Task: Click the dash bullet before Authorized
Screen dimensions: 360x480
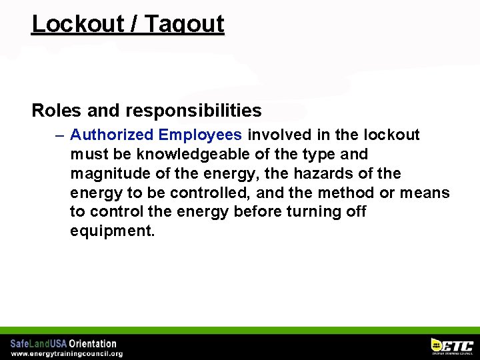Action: (60, 135)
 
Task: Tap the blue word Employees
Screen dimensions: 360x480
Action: (200, 135)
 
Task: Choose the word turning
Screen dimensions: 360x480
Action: (322, 212)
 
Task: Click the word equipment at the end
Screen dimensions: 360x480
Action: (112, 231)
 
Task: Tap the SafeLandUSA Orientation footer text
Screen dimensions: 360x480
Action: (63, 344)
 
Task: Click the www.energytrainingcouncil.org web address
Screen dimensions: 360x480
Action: (67, 354)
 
